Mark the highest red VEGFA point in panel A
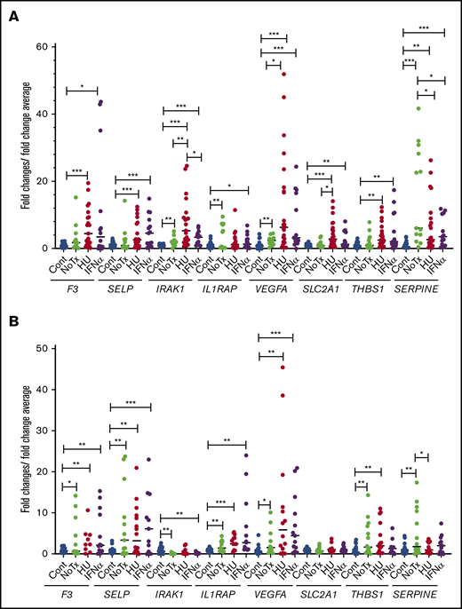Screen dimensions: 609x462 (x=284, y=74)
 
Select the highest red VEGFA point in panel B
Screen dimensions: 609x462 (x=283, y=366)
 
